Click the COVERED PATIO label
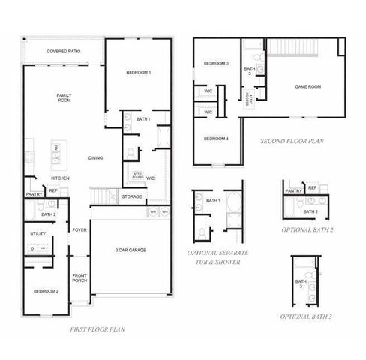64,52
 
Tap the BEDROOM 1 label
138,72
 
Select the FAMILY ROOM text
64,97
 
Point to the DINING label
95,157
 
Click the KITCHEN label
61,178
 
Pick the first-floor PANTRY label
34,194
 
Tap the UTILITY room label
37,233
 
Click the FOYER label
80,229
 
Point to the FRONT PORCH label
80,278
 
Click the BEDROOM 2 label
46,290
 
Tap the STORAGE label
132,196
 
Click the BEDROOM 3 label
217,64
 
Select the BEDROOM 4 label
216,138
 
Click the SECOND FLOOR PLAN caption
292,140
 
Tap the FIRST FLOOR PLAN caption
97,329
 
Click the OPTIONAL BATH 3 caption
306,317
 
